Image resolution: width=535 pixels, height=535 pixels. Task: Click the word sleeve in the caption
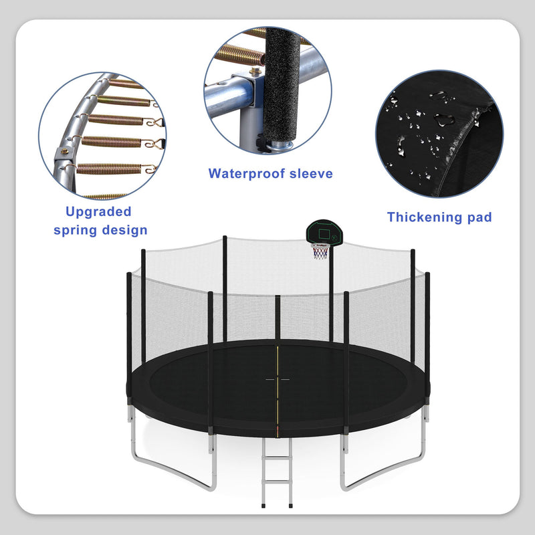coord(311,174)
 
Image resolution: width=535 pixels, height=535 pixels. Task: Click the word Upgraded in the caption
coord(98,212)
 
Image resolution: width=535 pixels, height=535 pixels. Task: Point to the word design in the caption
coord(125,231)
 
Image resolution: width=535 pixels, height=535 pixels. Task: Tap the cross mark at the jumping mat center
coord(278,378)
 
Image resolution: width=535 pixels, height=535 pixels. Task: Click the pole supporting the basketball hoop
coord(330,294)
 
